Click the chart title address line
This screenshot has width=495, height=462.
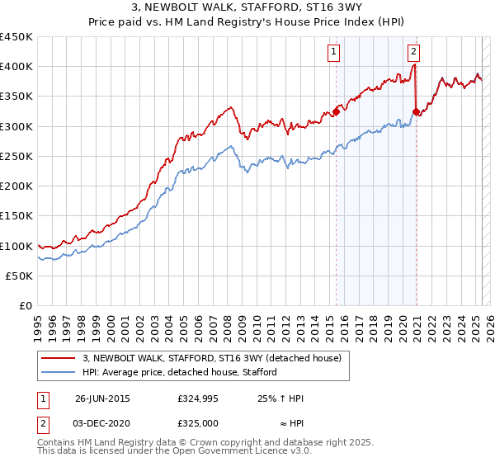(247, 8)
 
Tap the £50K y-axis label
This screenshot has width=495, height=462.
(20, 276)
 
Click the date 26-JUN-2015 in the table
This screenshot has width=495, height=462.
(102, 398)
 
